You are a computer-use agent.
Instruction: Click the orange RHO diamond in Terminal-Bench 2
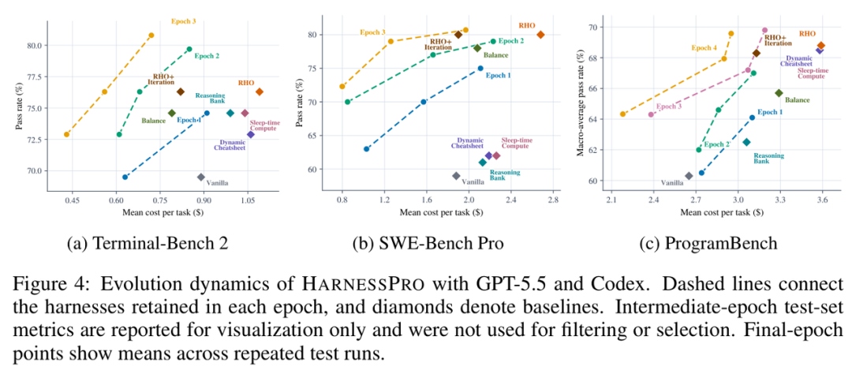[x=260, y=92]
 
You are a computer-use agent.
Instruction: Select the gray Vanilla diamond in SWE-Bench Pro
[x=457, y=176]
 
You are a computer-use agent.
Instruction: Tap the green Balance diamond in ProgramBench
[x=779, y=93]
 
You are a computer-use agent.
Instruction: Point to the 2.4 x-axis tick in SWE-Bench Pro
[x=510, y=201]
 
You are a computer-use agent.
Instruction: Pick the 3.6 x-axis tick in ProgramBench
[x=822, y=201]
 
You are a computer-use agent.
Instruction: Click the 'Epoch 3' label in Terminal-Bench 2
[x=183, y=22]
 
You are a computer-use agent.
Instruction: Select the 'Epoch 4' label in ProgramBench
[x=704, y=48]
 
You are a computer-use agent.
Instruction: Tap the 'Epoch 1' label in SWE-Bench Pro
[x=499, y=76]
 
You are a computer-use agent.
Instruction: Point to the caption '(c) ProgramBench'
[x=709, y=244]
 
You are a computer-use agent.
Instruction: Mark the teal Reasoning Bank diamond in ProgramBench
[x=746, y=142]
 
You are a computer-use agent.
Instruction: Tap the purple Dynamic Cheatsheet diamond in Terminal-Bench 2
[x=251, y=134]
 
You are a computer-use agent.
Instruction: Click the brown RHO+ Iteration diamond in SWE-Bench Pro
[x=458, y=34]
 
